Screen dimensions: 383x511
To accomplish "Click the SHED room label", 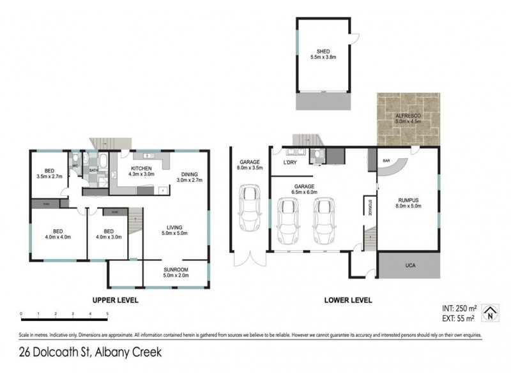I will point(323,52).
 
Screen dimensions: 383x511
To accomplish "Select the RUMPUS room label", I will point(407,199).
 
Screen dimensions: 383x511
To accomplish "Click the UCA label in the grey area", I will point(409,264).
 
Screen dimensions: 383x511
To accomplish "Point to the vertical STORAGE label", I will point(369,209).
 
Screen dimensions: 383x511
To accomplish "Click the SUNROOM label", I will point(176,270).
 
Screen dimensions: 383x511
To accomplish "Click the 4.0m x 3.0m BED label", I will point(109,230).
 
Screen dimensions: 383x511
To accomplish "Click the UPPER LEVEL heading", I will point(116,299).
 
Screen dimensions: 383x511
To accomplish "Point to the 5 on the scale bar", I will point(107,314).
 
